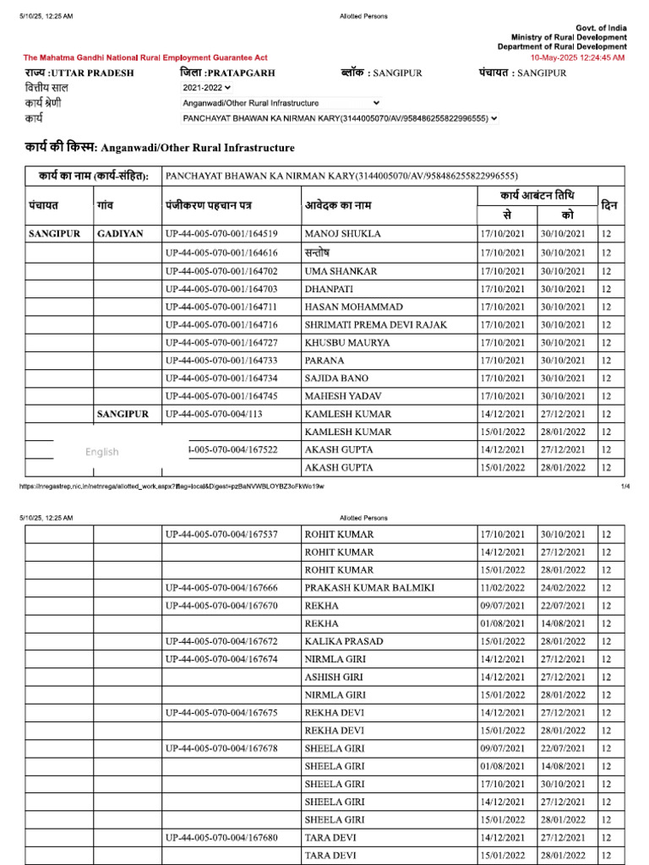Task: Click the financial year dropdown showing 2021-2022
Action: click(x=206, y=88)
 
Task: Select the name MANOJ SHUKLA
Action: click(x=342, y=234)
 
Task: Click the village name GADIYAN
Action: click(x=120, y=234)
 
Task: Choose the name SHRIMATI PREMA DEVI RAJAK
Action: click(x=376, y=325)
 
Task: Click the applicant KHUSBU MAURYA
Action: click(x=347, y=343)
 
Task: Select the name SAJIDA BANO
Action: click(x=336, y=378)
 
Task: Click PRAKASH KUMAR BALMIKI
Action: click(x=370, y=588)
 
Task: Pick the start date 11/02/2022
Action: click(x=503, y=588)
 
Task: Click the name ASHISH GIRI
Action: click(x=335, y=677)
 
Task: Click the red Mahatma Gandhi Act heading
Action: click(x=145, y=57)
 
